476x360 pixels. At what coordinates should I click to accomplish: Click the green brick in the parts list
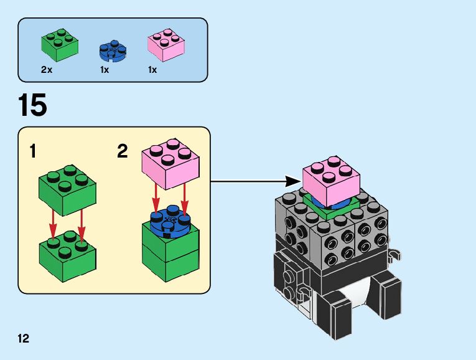60,43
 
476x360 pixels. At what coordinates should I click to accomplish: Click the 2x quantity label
47,70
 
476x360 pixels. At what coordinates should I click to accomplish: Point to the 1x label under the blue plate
105,70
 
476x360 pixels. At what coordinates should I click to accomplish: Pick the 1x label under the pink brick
153,70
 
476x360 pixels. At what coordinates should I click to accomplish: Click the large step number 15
32,105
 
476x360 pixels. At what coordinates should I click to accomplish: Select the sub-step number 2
123,151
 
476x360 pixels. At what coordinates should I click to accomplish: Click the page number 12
24,339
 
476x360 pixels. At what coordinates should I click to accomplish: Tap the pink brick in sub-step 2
172,163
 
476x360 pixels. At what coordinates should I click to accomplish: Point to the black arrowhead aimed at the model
292,181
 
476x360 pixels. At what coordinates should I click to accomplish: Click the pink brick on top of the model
330,178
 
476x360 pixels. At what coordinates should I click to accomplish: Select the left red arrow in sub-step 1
54,228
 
